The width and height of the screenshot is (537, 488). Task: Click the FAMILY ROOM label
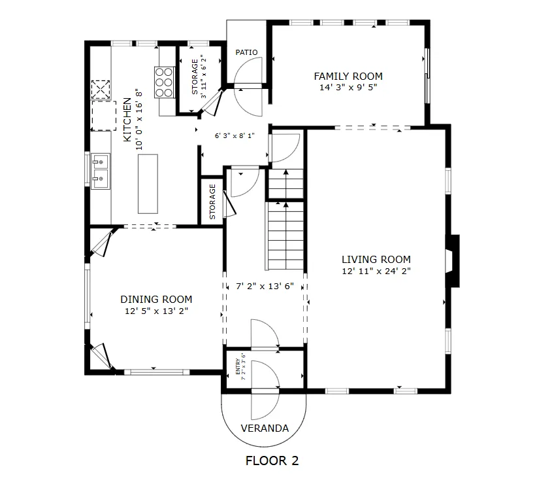click(x=348, y=76)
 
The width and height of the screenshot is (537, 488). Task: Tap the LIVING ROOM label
click(x=376, y=259)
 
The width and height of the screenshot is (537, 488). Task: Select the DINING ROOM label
click(x=156, y=300)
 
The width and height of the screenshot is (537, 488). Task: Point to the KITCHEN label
click(x=127, y=120)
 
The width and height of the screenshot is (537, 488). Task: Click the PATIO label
click(x=246, y=52)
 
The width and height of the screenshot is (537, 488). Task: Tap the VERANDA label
click(x=265, y=428)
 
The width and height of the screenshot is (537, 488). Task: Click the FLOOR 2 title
click(x=272, y=461)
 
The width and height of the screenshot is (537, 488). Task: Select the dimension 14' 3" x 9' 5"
click(x=348, y=87)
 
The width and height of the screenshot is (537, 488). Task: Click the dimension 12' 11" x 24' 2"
click(x=376, y=271)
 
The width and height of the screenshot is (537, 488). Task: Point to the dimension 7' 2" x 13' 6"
click(x=265, y=286)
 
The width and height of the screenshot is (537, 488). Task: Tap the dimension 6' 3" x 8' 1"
click(x=235, y=135)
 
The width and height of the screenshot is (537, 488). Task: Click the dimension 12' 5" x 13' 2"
click(x=156, y=311)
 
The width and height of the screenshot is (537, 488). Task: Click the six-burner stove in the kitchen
click(x=164, y=82)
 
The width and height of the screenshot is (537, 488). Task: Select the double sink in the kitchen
click(x=101, y=171)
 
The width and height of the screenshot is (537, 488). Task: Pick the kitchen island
click(x=148, y=184)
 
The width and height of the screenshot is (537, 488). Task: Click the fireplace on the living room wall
click(x=453, y=261)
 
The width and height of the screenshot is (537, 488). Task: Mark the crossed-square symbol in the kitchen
click(x=101, y=90)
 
